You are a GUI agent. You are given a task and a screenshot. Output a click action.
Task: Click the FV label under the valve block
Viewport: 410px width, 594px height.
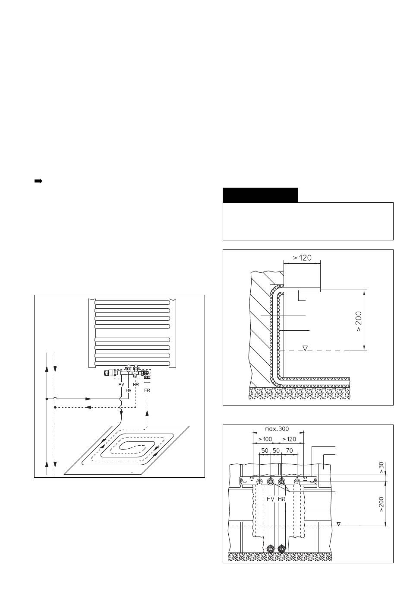(121, 384)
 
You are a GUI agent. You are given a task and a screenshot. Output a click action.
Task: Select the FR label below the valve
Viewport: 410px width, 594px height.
(147, 390)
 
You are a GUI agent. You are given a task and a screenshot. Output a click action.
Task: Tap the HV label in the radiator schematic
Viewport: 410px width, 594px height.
(128, 390)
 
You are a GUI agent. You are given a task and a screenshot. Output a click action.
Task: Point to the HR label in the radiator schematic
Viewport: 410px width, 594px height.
(136, 384)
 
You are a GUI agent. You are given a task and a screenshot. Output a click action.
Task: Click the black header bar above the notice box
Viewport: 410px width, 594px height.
(260, 195)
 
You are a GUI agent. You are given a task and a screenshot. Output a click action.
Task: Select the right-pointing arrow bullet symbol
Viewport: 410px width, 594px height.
(38, 181)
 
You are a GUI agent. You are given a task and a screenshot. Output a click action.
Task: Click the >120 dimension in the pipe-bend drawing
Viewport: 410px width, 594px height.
(302, 258)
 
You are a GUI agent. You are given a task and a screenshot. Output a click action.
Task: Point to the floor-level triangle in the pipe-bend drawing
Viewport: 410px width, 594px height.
(305, 348)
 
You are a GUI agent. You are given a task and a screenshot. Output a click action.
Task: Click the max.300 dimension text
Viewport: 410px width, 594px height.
(277, 429)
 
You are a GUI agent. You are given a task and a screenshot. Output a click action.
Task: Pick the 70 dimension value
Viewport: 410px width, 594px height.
(290, 450)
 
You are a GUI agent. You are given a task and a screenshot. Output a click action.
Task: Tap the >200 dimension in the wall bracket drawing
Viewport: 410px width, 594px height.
(382, 504)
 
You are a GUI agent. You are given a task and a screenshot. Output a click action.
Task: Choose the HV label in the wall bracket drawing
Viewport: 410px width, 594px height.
(271, 499)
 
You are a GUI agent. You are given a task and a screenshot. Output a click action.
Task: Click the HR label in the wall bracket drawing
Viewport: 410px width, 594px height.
(281, 499)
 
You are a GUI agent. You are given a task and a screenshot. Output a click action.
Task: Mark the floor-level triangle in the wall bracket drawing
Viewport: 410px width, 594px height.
(339, 524)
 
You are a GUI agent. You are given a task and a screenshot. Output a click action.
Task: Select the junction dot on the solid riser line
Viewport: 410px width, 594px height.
(47, 399)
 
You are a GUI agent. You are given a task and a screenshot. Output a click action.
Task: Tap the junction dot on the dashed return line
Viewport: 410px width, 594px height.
(55, 407)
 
